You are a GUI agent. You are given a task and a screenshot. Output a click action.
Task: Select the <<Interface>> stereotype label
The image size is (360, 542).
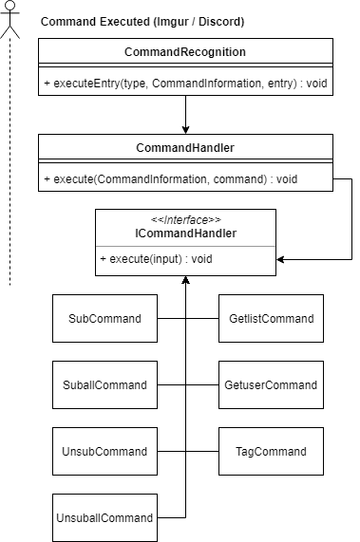(185, 221)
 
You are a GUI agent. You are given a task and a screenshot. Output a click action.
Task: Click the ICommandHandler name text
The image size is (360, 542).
(185, 234)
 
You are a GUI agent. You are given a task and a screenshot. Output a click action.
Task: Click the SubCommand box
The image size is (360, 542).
(100, 319)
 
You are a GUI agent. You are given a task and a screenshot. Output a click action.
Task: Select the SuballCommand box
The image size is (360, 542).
(100, 384)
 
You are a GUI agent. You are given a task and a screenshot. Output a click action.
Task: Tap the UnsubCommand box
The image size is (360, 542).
(100, 451)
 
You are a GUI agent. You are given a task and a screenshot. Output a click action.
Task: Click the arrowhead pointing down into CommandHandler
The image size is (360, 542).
(185, 128)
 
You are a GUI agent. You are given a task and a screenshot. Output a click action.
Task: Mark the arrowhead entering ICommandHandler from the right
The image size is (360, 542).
(282, 256)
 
